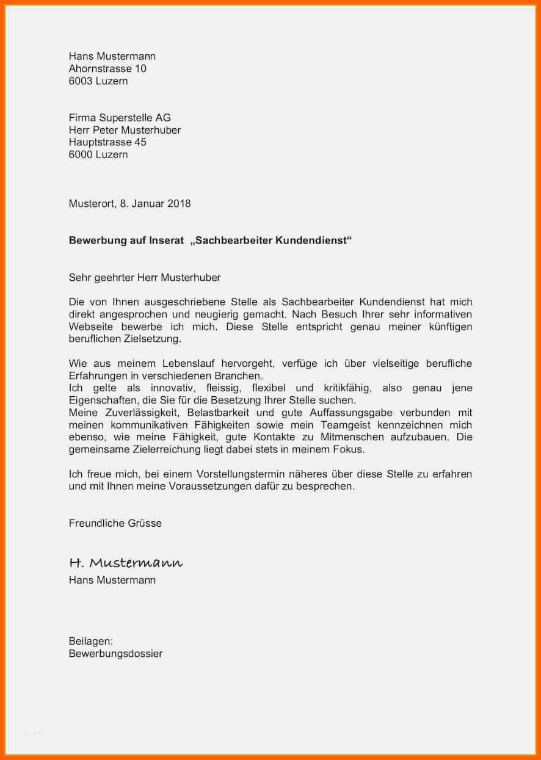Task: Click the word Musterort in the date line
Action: pos(91,204)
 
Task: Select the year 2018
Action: pos(178,204)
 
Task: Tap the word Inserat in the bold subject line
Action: pos(166,241)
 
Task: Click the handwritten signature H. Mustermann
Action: pos(126,563)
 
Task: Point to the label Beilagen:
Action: pos(91,641)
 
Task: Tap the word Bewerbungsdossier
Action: pos(115,654)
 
